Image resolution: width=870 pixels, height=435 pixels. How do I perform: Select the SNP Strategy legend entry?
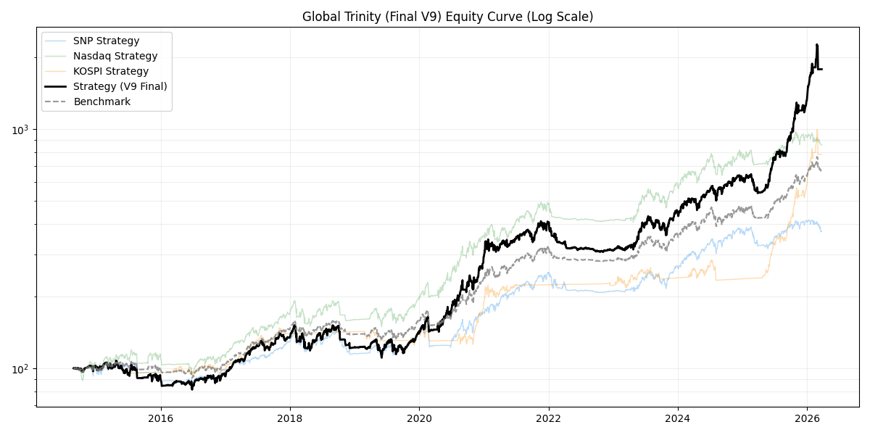pos(106,41)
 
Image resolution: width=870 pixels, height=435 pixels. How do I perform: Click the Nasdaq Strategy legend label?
pos(115,56)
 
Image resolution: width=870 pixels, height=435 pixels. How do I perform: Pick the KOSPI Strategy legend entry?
pos(110,71)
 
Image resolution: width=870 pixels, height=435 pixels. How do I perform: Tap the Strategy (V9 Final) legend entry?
pos(120,86)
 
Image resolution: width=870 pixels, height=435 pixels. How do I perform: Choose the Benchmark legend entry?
pos(101,101)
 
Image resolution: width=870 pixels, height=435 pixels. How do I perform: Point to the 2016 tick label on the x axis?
pos(161,418)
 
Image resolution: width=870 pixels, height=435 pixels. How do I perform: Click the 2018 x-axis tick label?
pos(290,418)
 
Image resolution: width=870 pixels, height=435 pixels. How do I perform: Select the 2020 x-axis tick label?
pos(419,418)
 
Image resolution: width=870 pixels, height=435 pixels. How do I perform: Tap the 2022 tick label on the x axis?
pos(549,418)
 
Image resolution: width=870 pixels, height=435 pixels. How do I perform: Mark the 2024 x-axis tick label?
pos(678,418)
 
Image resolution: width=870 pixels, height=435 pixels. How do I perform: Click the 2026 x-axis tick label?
pos(807,418)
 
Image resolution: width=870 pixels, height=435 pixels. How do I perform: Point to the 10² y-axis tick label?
pos(22,370)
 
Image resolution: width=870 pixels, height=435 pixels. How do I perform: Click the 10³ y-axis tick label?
pos(22,130)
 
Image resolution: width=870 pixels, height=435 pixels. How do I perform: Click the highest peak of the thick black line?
pos(817,45)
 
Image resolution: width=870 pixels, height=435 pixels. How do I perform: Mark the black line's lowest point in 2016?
pos(192,389)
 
